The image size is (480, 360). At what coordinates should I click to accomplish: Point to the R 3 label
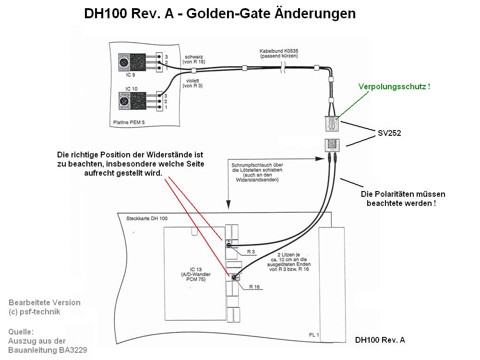[x=251, y=252]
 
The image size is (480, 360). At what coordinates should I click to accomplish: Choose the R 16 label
[x=254, y=287]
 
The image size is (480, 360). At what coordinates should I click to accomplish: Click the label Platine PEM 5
[x=129, y=123]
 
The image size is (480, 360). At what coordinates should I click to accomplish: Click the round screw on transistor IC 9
[x=124, y=62]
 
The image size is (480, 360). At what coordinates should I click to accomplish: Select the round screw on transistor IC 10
[x=124, y=101]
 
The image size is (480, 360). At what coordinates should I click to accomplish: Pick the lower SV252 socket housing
[x=332, y=144]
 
